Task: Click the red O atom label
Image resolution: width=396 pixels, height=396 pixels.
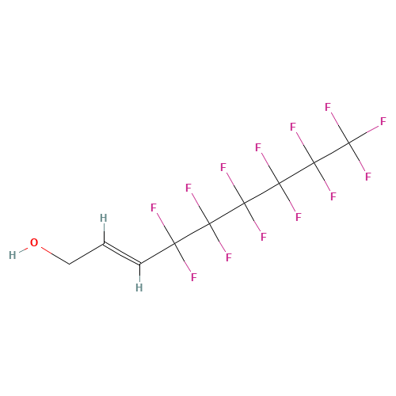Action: (34, 242)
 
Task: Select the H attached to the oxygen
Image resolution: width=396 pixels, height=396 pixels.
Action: (13, 255)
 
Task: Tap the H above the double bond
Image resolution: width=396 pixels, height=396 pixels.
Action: (104, 218)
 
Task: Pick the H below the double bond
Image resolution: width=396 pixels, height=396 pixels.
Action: (139, 287)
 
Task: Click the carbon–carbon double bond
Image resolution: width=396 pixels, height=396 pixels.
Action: (122, 253)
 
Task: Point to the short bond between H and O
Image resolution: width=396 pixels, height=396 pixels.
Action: (23, 249)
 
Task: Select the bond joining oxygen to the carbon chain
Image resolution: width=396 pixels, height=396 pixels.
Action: (55, 255)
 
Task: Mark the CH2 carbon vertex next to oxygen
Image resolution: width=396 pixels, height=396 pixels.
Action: (70, 264)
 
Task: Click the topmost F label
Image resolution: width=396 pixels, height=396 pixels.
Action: (328, 107)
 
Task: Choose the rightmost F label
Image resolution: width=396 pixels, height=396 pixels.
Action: (383, 121)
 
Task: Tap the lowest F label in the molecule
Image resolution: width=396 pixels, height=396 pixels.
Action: (194, 277)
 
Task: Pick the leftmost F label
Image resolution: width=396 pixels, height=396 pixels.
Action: (154, 208)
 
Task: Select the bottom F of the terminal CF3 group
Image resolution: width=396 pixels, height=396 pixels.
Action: (368, 177)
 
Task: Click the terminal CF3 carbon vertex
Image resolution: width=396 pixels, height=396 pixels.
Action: (349, 143)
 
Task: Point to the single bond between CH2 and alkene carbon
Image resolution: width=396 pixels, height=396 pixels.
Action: (86, 253)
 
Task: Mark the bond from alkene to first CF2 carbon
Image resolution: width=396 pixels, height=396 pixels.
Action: (157, 253)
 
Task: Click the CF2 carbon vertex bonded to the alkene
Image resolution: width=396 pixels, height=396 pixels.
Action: (174, 243)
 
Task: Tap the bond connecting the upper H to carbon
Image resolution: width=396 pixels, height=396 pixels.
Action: (104, 233)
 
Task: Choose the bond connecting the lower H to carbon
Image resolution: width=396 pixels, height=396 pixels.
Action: (140, 272)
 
